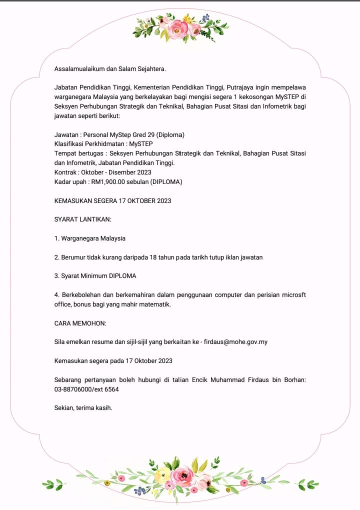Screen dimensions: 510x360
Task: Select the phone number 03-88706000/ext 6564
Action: [86, 389]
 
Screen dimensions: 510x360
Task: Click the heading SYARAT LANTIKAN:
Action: [82, 219]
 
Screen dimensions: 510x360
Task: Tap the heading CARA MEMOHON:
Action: [80, 323]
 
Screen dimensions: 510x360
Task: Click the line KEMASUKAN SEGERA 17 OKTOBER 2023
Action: [113, 201]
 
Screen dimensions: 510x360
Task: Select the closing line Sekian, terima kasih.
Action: [83, 407]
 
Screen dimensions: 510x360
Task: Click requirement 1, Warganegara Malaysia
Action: [90, 238]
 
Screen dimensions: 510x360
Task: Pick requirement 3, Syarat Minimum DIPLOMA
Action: [95, 276]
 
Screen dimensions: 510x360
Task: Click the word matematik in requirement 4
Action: [153, 304]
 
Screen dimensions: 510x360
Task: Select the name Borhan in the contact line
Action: [292, 379]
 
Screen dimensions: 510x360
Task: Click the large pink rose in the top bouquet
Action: [177, 30]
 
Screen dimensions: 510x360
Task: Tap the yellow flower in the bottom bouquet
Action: [162, 474]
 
